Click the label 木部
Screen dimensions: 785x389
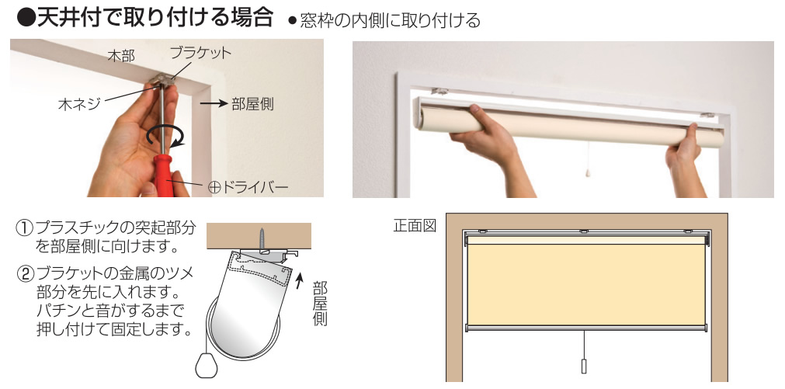[120, 56]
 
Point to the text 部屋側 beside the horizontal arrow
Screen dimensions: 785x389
[252, 104]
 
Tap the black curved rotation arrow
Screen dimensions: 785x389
[165, 136]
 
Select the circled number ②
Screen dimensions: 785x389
[25, 273]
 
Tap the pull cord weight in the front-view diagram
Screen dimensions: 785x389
[584, 366]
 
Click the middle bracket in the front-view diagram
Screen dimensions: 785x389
[584, 231]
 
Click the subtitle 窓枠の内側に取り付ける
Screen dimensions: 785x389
[390, 20]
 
